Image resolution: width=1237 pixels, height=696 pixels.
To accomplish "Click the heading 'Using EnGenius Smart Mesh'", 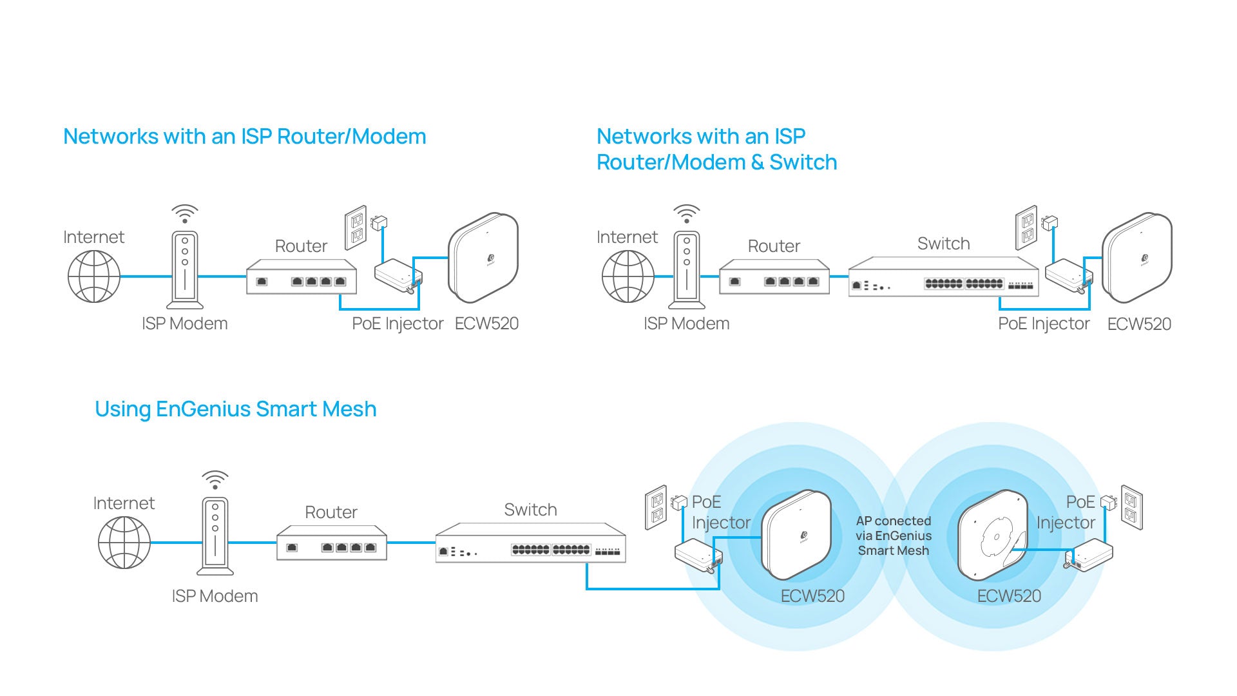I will pyautogui.click(x=235, y=409).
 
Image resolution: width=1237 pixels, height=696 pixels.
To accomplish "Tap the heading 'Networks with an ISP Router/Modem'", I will pyautogui.click(x=244, y=137).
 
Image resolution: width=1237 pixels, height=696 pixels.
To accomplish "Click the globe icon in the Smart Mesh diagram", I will pyautogui.click(x=124, y=543).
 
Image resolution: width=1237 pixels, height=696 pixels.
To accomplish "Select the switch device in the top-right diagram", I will pyautogui.click(x=943, y=277).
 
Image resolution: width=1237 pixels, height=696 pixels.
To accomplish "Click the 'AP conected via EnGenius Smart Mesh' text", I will pyautogui.click(x=893, y=536).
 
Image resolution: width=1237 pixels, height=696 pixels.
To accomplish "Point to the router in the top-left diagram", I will pyautogui.click(x=301, y=277).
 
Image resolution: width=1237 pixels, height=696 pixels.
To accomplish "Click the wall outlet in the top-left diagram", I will pyautogui.click(x=355, y=228).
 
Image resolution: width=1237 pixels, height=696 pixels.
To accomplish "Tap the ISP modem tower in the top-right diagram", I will pyautogui.click(x=687, y=271).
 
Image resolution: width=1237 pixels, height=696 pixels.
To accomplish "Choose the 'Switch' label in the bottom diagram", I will pyautogui.click(x=530, y=510).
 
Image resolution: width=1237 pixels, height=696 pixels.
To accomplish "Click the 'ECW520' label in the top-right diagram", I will pyautogui.click(x=1138, y=324).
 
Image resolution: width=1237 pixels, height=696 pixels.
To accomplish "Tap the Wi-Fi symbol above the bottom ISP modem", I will pyautogui.click(x=215, y=480).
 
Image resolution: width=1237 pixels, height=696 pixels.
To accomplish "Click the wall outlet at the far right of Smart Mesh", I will pyautogui.click(x=1131, y=507).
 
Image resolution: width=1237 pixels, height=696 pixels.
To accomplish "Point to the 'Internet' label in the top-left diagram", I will pyautogui.click(x=93, y=237).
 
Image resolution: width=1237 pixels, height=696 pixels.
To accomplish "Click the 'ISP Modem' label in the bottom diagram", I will pyautogui.click(x=215, y=596).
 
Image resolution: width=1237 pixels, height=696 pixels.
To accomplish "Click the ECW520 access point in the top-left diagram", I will pyautogui.click(x=484, y=258).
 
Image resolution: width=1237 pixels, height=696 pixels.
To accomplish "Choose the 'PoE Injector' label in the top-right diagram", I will pyautogui.click(x=1043, y=324).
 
